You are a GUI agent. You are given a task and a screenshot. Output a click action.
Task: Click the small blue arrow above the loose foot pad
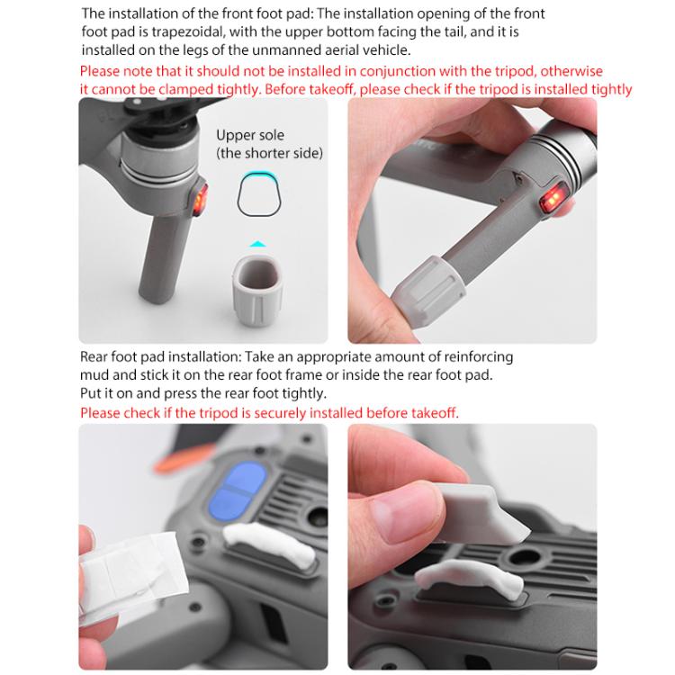[x=257, y=243]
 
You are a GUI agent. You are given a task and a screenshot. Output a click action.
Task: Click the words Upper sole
[x=249, y=135]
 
